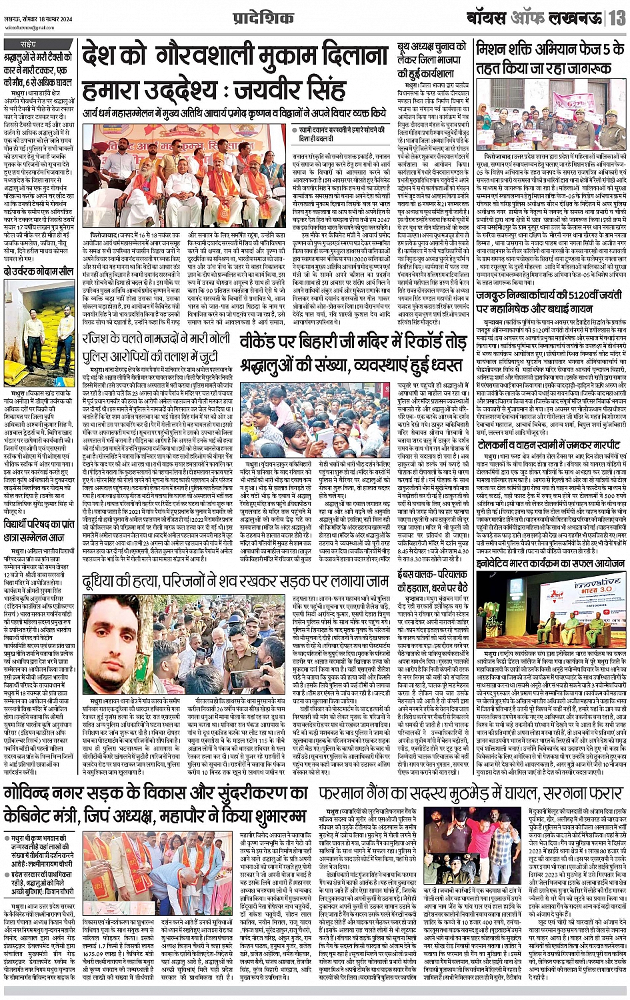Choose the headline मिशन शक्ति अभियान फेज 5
[549, 57]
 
